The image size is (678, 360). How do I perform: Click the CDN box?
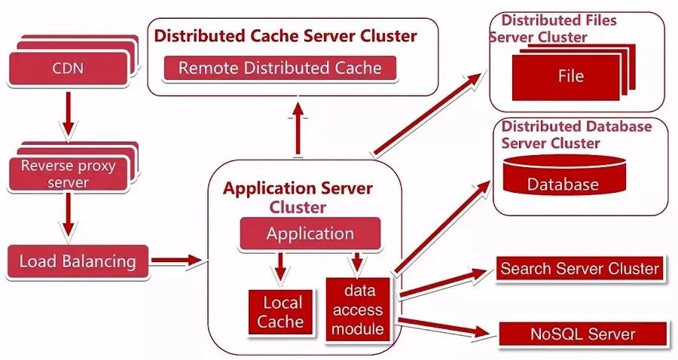(x=68, y=69)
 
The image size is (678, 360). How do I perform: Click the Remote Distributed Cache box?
(x=279, y=69)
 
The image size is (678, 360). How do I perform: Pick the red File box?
(x=570, y=76)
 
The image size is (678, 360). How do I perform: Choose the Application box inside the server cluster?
(x=310, y=233)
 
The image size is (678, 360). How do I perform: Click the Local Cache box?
(x=282, y=312)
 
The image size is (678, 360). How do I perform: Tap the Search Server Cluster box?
(x=579, y=268)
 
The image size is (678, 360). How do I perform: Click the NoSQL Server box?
(x=582, y=334)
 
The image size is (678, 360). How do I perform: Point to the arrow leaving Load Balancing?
(x=177, y=261)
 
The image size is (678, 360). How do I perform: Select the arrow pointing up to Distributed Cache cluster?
(x=298, y=128)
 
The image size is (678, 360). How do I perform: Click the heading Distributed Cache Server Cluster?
(x=286, y=35)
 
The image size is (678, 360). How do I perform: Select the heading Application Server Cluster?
(x=298, y=196)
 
